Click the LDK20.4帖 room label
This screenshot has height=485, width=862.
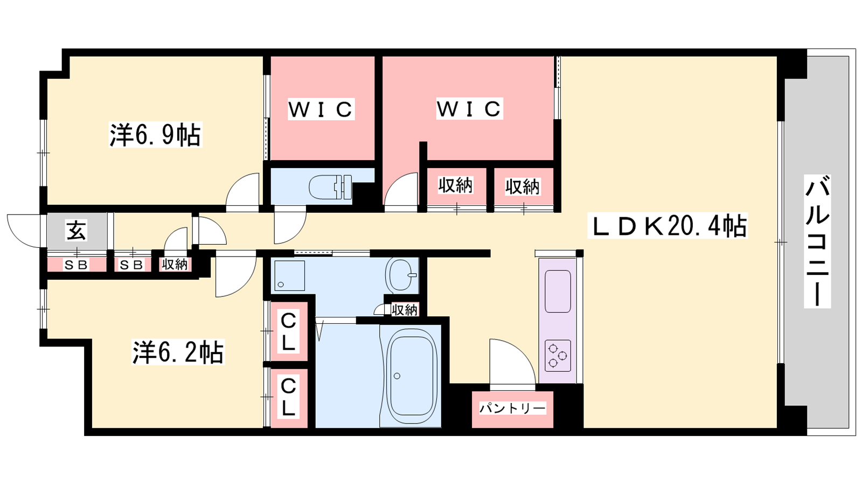pyautogui.click(x=668, y=226)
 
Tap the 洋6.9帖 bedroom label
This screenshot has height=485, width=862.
pyautogui.click(x=155, y=135)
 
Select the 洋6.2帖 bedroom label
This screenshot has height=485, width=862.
pyautogui.click(x=178, y=352)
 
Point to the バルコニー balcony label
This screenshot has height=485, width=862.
pyautogui.click(x=817, y=241)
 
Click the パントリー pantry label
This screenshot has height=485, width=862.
pyautogui.click(x=512, y=408)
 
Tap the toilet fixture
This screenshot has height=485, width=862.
pyautogui.click(x=331, y=187)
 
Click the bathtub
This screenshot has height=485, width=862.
pyautogui.click(x=412, y=376)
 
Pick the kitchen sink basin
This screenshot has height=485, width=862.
pyautogui.click(x=558, y=291)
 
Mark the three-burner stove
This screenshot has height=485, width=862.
pyautogui.click(x=558, y=356)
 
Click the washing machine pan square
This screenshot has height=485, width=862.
pyautogui.click(x=289, y=275)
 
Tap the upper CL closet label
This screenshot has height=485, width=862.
pyautogui.click(x=289, y=331)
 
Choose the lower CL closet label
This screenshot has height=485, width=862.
pyautogui.click(x=289, y=397)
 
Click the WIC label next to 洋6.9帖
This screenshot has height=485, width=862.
pyautogui.click(x=321, y=109)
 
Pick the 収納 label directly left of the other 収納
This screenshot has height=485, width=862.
pyautogui.click(x=456, y=186)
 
